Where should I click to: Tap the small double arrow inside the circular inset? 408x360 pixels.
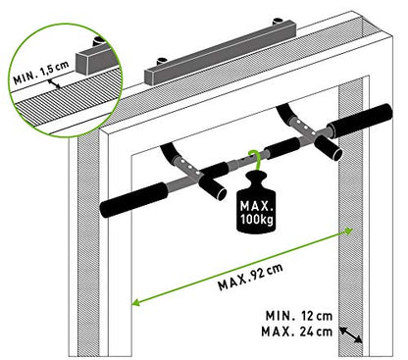tap(61, 86)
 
